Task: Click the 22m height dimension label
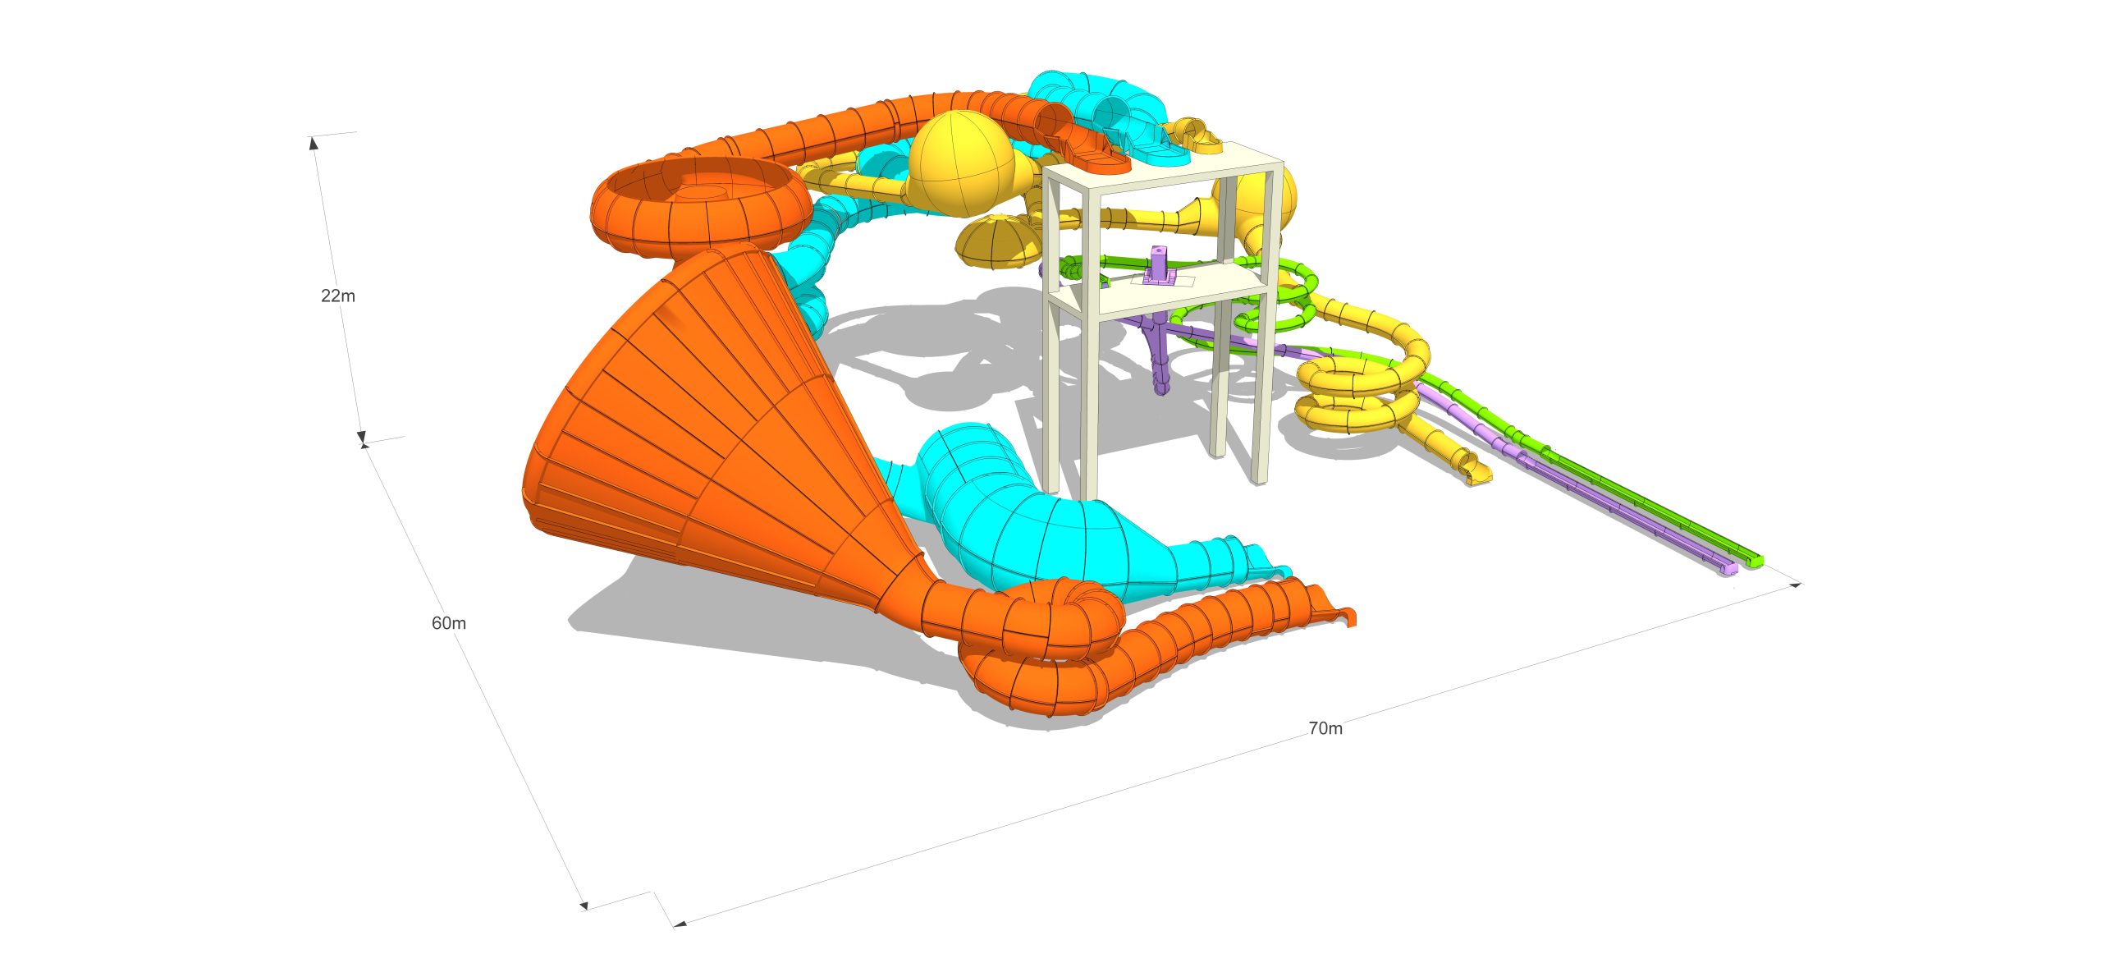pyautogui.click(x=338, y=296)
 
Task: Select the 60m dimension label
pyautogui.click(x=449, y=623)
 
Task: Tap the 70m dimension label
pyautogui.click(x=1325, y=728)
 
